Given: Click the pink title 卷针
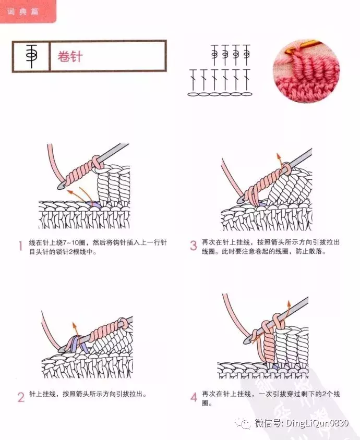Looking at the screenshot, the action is (x=70, y=56).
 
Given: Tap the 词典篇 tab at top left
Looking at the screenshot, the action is (x=23, y=11).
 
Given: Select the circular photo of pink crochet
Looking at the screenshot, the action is (x=306, y=71).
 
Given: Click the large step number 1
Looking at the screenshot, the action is (x=20, y=247).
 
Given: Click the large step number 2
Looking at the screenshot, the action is (x=21, y=397).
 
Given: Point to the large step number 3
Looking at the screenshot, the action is (x=194, y=246).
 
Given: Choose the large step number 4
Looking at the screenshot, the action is (x=194, y=397).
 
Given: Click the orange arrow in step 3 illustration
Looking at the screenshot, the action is (x=279, y=162).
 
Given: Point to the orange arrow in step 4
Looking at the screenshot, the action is (x=287, y=311).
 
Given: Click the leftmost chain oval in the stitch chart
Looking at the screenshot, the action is (x=193, y=94).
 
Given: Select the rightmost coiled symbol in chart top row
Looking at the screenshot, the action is (x=246, y=53).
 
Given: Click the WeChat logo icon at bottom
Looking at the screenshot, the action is (x=243, y=423).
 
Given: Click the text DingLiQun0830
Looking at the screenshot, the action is (x=317, y=423).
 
